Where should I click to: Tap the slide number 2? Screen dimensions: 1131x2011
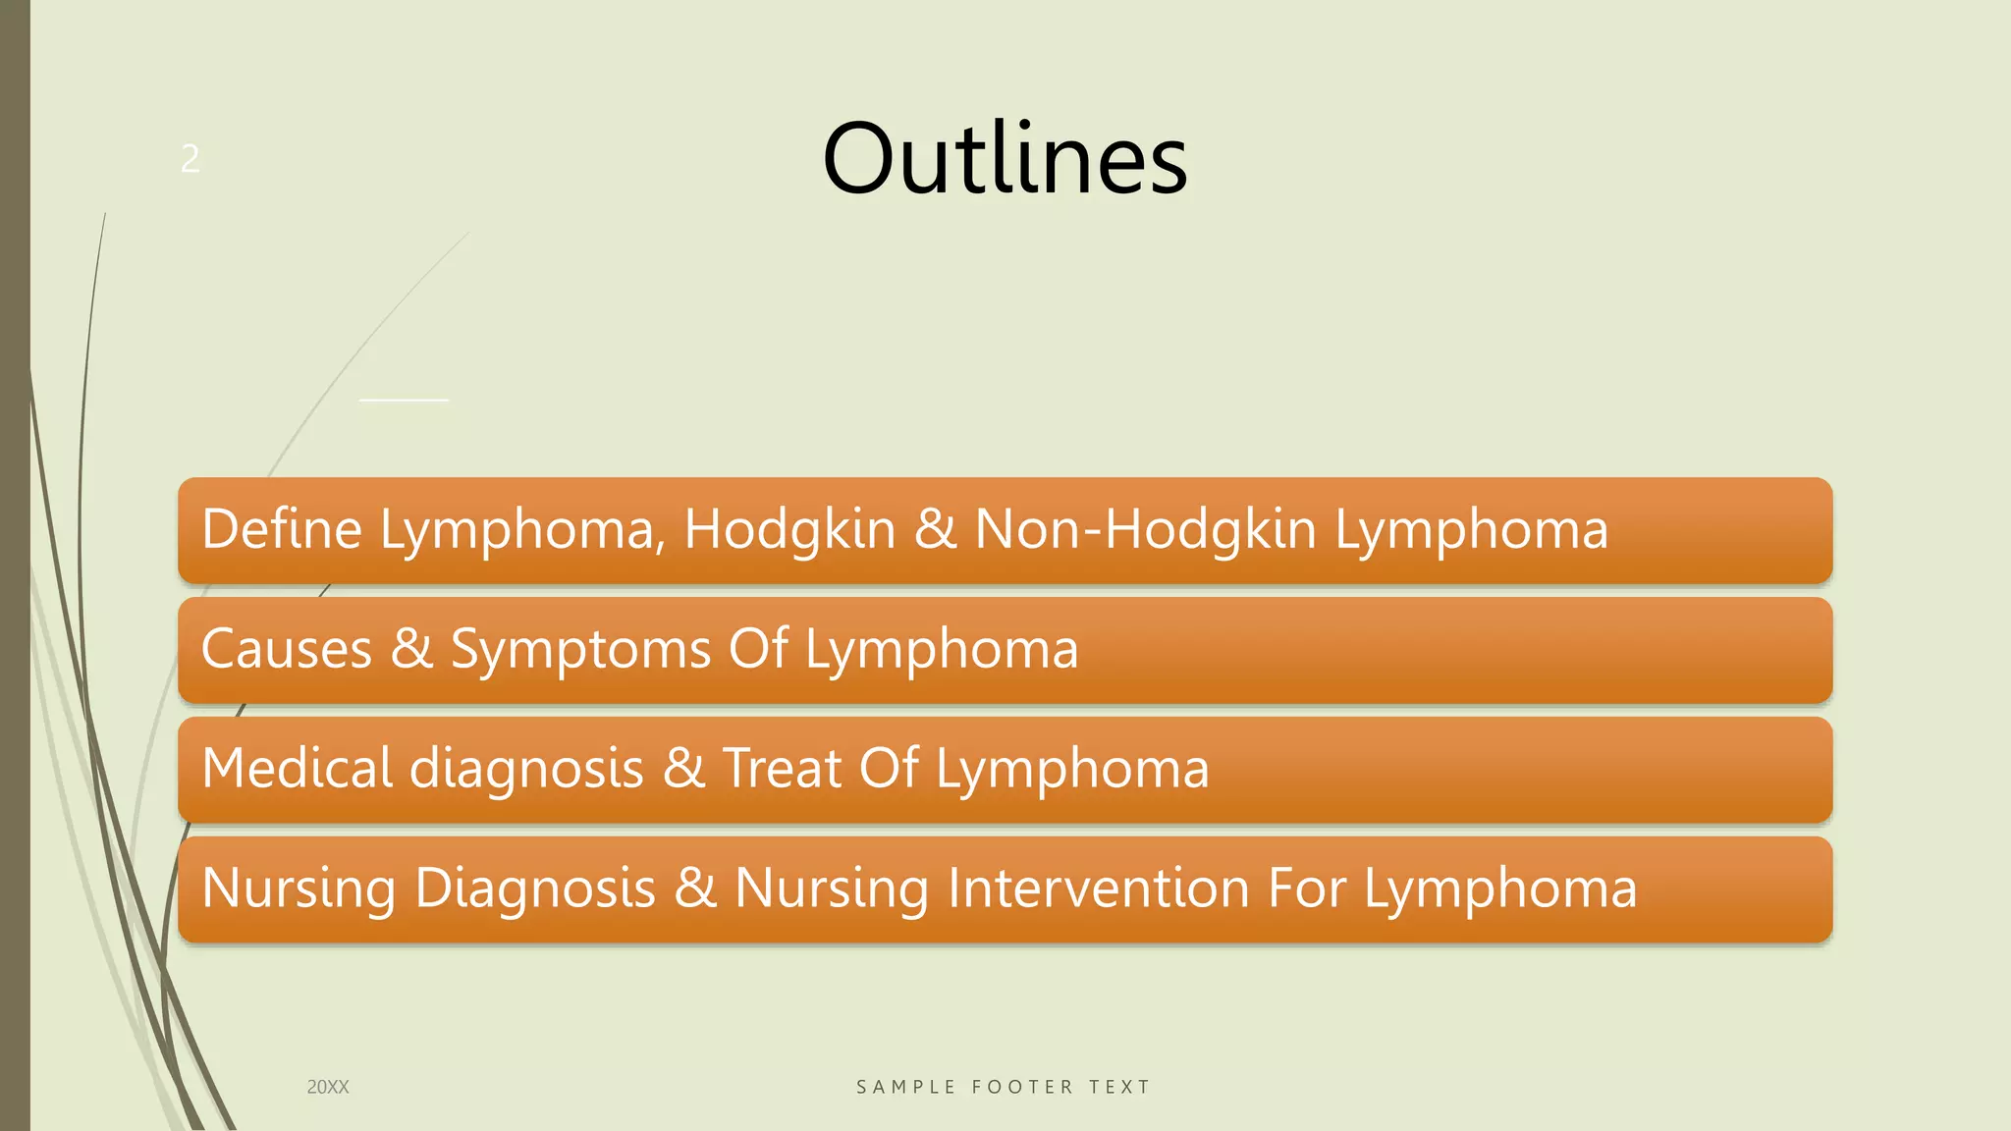click(190, 159)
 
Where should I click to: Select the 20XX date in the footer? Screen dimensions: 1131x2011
click(328, 1087)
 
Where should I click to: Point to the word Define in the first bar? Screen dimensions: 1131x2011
click(282, 529)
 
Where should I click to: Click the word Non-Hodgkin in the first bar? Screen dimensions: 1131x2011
click(1145, 529)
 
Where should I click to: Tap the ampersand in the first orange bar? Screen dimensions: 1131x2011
click(935, 529)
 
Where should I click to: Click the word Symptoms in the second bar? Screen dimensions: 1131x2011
click(580, 651)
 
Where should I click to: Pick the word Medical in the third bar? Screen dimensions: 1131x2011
click(297, 768)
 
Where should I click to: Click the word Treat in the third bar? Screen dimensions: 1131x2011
click(782, 768)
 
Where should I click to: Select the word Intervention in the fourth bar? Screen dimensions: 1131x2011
click(1099, 888)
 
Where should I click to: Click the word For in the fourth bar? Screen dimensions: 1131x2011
click(1306, 888)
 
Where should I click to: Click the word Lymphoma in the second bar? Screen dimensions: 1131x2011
click(942, 651)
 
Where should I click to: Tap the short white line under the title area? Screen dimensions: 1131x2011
click(405, 401)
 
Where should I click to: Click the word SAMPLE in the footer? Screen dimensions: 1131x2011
click(905, 1087)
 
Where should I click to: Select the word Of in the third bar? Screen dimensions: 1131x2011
click(889, 768)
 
